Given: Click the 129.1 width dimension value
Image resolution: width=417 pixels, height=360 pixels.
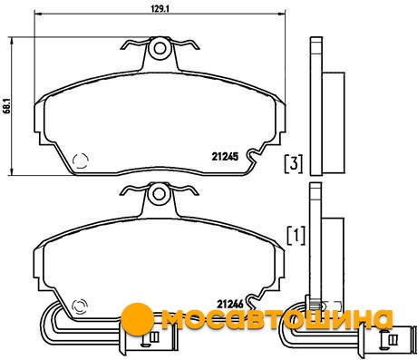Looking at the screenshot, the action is [x=160, y=9].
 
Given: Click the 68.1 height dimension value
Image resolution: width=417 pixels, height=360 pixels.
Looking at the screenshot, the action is [x=7, y=105].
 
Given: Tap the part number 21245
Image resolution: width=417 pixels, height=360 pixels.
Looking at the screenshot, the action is [x=225, y=157].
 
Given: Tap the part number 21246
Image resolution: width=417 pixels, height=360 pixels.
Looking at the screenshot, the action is [x=230, y=304].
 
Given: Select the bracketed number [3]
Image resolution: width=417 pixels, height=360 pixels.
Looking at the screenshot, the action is [x=294, y=164].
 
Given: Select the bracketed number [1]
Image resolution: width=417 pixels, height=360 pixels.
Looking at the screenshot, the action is [x=296, y=236].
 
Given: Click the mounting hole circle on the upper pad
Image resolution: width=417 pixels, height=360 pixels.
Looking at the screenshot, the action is [x=160, y=48].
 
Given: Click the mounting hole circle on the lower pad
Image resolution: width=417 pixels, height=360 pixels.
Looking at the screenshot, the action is [x=159, y=193].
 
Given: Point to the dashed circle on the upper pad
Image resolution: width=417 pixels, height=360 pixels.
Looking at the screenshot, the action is [x=81, y=161].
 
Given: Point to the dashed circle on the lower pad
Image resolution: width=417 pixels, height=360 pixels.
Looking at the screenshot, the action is [x=80, y=306].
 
